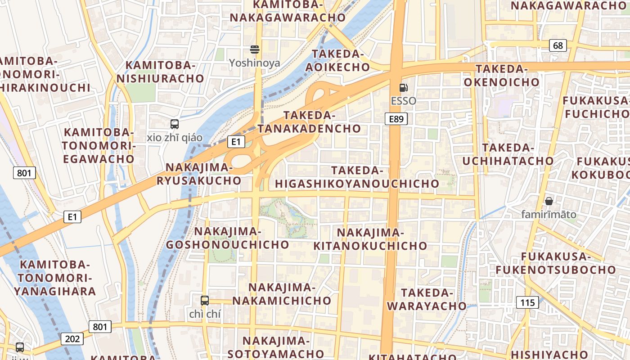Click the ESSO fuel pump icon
click(x=404, y=87)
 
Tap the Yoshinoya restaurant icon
click(x=255, y=49)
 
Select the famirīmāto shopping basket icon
click(x=549, y=201)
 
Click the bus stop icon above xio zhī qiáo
click(x=175, y=124)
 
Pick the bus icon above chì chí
click(x=205, y=300)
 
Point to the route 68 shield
click(x=558, y=45)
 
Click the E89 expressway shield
click(x=396, y=119)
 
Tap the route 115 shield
click(x=527, y=302)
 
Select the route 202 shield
click(x=72, y=338)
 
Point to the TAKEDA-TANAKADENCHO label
click(x=309, y=122)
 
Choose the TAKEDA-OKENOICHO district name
click(x=501, y=75)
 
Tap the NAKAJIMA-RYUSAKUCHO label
click(x=199, y=174)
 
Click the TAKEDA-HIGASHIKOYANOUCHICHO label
click(x=357, y=177)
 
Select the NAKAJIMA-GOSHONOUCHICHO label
click(x=227, y=238)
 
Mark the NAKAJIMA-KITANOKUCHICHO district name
click(x=370, y=239)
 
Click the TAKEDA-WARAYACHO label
click(x=427, y=299)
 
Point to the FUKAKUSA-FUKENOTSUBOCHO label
click(x=555, y=263)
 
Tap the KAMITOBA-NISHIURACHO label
click(x=160, y=72)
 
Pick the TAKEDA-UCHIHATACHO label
click(x=508, y=154)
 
